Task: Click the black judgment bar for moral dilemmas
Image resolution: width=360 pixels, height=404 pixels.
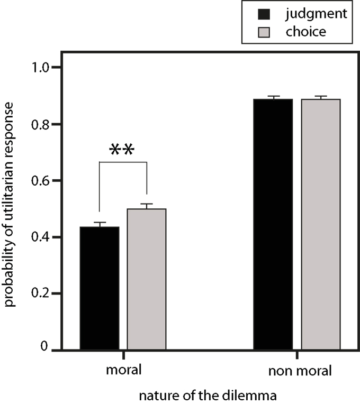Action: [x=100, y=288]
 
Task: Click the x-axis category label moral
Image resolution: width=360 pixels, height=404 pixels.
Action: [x=123, y=370]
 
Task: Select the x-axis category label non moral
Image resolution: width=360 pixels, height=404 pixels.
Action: [x=300, y=370]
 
